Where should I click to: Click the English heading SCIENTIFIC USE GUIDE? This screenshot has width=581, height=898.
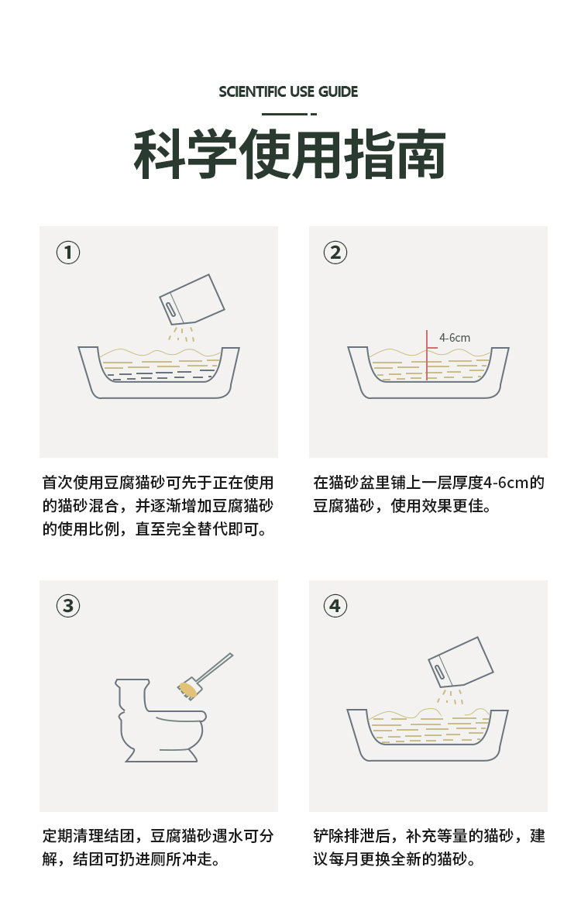[288, 91]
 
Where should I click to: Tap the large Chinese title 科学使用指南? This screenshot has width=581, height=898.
[290, 154]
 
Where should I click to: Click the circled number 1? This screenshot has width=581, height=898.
[68, 253]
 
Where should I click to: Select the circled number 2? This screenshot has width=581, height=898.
[335, 253]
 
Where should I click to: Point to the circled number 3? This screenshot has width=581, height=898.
[68, 606]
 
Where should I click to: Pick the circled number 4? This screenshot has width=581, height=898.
[335, 606]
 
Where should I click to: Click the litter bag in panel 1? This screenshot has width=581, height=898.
[191, 300]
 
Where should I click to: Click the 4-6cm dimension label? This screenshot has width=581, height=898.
[455, 338]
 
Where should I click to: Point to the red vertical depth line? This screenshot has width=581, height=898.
[427, 355]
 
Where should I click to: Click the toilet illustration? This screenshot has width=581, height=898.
[161, 721]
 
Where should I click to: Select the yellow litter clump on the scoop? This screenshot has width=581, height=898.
[187, 688]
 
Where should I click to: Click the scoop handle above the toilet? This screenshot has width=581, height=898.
[215, 667]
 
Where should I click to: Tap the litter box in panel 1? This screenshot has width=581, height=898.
[159, 372]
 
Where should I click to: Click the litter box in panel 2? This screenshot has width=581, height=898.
[428, 372]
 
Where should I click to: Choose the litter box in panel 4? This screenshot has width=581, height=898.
[427, 735]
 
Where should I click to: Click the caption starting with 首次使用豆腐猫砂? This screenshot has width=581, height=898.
[157, 506]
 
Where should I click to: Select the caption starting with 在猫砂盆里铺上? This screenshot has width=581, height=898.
[428, 494]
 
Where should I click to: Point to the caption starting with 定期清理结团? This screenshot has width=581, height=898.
[157, 848]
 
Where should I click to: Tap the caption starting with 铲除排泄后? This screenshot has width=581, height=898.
[428, 848]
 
